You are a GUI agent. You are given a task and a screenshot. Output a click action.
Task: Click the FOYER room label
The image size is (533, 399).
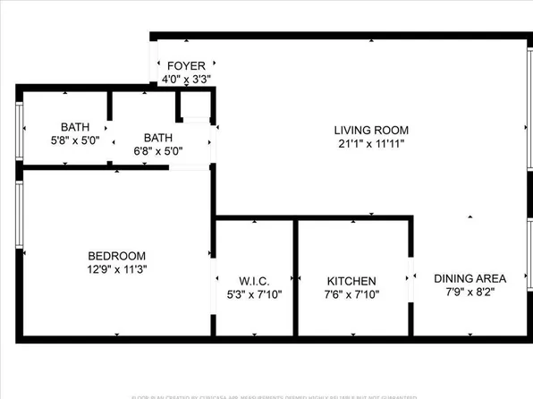[186, 65]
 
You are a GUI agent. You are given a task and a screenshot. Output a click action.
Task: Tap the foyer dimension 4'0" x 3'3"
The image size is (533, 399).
[186, 78]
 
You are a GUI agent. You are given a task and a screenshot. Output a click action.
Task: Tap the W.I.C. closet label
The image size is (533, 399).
[254, 281]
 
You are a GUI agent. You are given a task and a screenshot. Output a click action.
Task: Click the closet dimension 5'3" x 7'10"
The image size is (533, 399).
[254, 294]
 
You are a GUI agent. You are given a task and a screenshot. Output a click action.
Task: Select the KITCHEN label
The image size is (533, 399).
[351, 281]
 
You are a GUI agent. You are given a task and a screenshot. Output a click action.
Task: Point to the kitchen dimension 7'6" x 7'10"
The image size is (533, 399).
[351, 294]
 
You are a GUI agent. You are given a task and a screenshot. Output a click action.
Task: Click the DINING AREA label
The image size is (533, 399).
[470, 277]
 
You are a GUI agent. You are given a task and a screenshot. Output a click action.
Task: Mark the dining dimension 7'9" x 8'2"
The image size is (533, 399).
[470, 292]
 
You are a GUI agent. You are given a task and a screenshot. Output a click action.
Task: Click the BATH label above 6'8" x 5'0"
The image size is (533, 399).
[158, 137]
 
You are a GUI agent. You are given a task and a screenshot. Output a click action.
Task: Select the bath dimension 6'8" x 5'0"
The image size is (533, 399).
[158, 150]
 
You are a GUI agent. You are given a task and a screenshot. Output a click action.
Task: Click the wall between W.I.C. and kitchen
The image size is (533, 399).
[296, 277]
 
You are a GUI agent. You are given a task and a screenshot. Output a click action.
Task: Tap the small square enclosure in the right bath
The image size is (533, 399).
[194, 106]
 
